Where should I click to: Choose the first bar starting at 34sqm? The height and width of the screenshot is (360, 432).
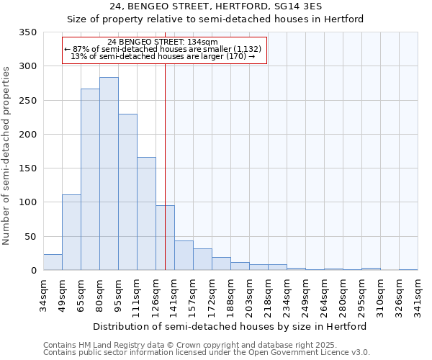tap(53, 262)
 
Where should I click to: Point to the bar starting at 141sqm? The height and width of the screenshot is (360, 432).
tap(184, 256)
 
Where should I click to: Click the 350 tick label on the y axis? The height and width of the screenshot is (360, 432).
tap(27, 32)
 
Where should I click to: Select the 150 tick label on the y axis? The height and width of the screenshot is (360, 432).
tap(27, 168)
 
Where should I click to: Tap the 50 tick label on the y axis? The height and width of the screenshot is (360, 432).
tap(30, 236)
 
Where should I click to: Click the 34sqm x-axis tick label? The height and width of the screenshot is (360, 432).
tap(43, 294)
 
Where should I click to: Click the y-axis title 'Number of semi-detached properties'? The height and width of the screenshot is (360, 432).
tap(7, 156)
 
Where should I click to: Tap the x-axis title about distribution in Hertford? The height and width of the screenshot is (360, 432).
tap(230, 326)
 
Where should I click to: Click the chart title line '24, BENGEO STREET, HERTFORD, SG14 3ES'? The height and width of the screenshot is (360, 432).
tap(216, 6)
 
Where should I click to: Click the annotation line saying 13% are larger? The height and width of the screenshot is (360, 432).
tap(163, 56)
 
